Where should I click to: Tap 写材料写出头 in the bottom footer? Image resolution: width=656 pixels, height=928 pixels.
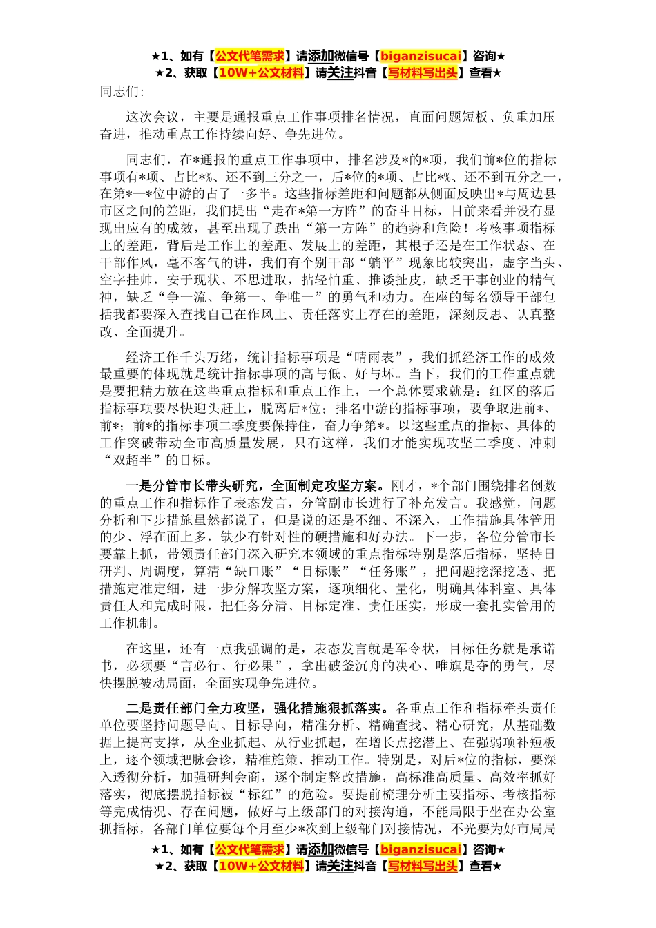click(422, 867)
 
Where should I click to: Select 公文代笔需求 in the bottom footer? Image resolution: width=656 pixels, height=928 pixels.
click(250, 849)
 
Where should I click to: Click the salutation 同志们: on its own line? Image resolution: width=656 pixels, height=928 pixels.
click(122, 91)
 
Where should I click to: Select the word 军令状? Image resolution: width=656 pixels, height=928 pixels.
click(421, 648)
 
